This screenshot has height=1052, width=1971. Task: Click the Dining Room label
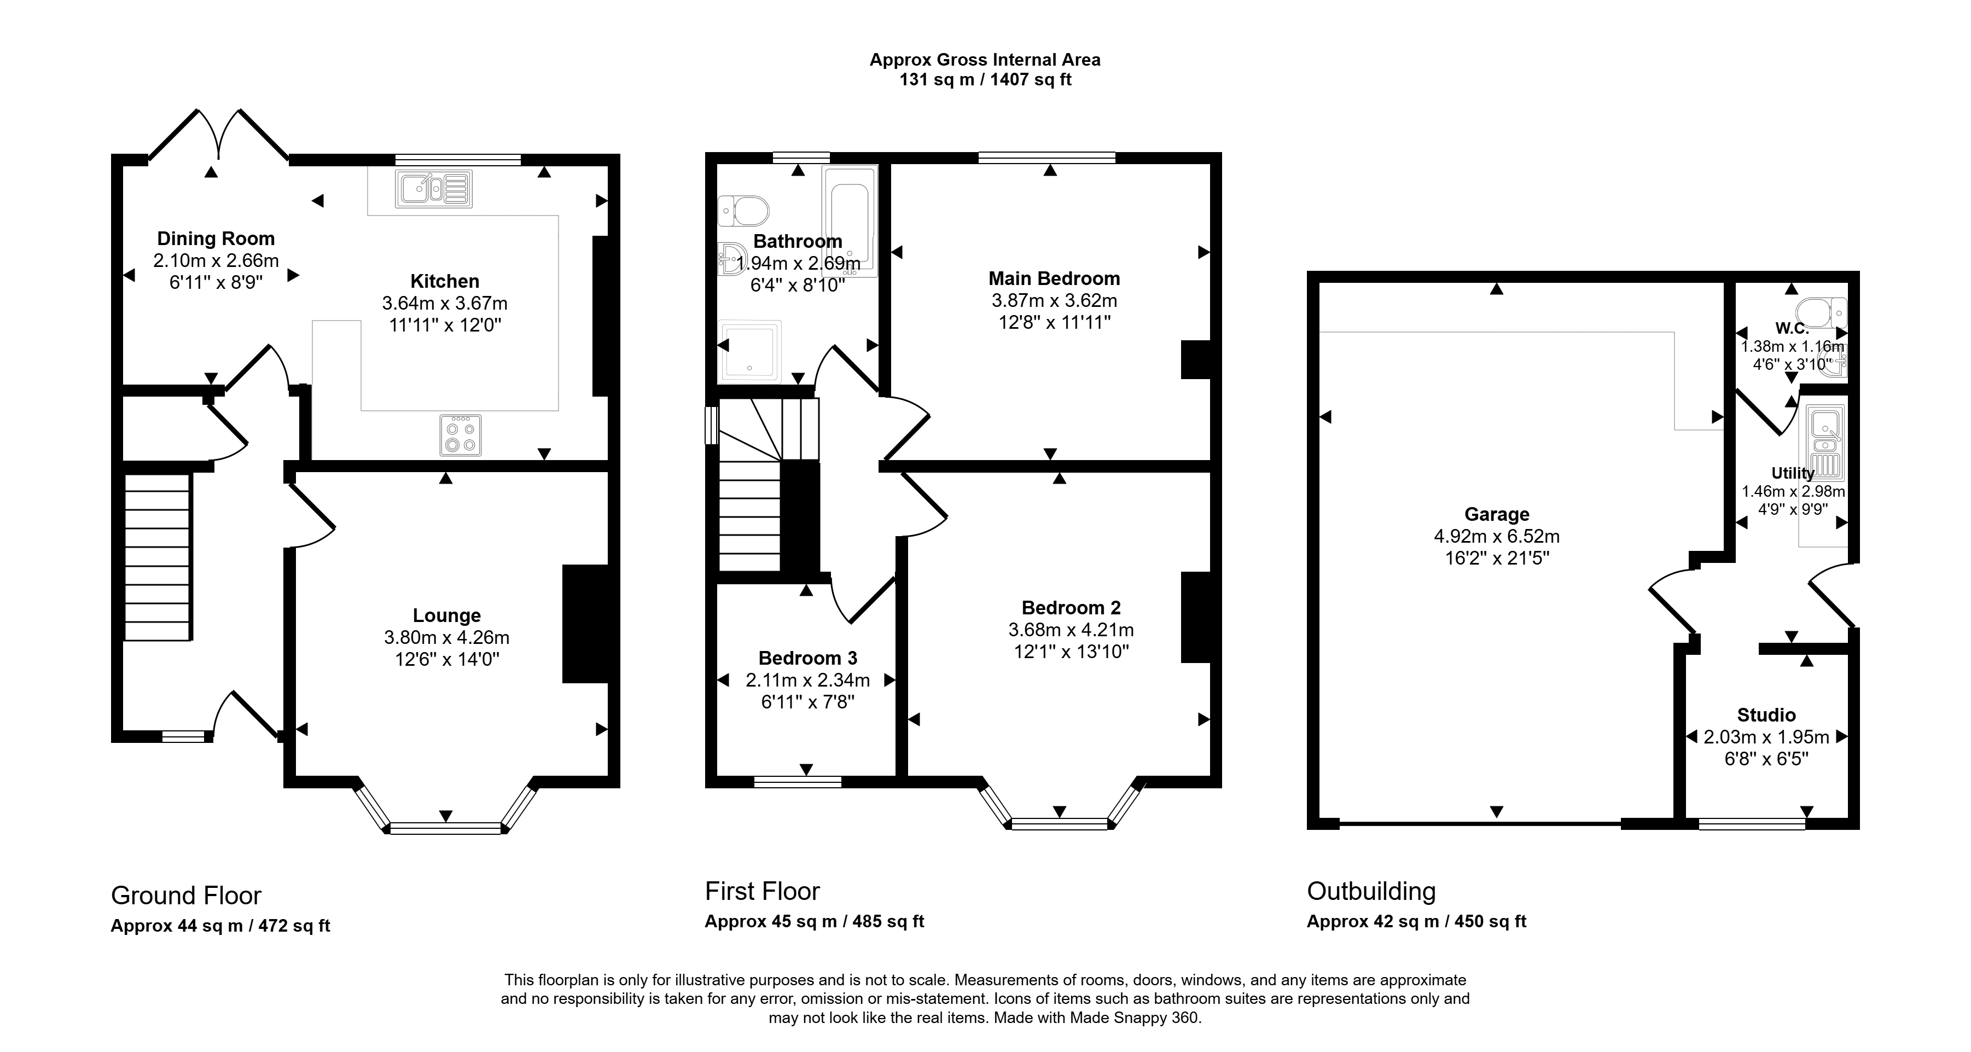pyautogui.click(x=216, y=239)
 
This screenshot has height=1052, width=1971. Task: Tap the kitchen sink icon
pyautogui.click(x=434, y=189)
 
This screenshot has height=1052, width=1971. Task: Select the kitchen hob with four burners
pyautogui.click(x=461, y=435)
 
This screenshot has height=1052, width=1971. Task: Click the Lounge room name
pyautogui.click(x=447, y=615)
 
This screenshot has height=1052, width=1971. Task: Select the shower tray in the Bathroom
pyautogui.click(x=750, y=351)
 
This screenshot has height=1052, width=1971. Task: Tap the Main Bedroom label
pyautogui.click(x=1054, y=278)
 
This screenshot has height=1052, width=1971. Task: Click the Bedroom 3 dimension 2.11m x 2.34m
pyautogui.click(x=808, y=679)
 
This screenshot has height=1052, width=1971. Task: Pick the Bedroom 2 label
pyautogui.click(x=1071, y=607)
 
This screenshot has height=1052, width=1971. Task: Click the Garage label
pyautogui.click(x=1497, y=514)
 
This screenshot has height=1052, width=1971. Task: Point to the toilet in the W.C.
pyautogui.click(x=1821, y=313)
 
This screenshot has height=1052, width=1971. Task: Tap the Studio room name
pyautogui.click(x=1766, y=714)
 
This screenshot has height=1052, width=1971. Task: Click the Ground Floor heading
pyautogui.click(x=186, y=895)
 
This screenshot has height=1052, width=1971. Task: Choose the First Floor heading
pyautogui.click(x=762, y=891)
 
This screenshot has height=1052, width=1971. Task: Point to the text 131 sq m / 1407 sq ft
pyautogui.click(x=986, y=79)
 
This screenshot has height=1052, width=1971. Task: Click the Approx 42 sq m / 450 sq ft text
pyautogui.click(x=1416, y=921)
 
